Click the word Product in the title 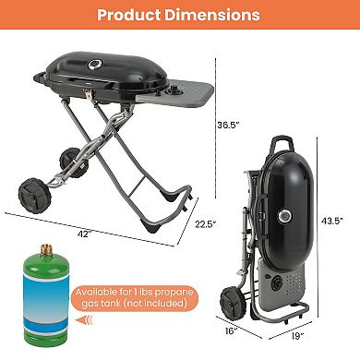(128, 15)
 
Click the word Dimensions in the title (212, 15)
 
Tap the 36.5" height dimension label (228, 125)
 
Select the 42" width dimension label (84, 234)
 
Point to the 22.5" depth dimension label (206, 224)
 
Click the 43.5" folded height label (332, 221)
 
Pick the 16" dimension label (231, 331)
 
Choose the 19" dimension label (297, 336)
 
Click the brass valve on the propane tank (46, 250)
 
